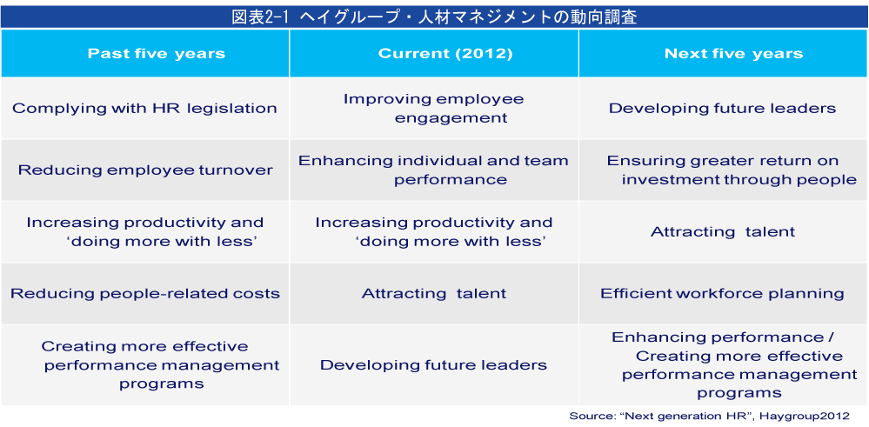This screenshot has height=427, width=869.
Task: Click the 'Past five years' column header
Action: coord(157,54)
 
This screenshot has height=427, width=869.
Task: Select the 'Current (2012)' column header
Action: coord(445,54)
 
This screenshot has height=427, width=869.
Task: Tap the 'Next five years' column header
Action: coord(734,54)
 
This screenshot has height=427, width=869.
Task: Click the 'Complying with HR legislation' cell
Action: coord(144,108)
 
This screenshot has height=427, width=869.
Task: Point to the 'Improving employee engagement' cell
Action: coord(433,108)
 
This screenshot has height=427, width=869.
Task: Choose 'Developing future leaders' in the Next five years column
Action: coord(723,108)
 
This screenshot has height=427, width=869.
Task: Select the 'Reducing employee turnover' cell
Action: coord(145,170)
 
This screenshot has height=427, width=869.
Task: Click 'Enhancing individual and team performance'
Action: coord(433,170)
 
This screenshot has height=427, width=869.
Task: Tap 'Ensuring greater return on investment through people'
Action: coord(732,170)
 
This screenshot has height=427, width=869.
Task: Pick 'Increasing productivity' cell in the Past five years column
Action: coord(145,231)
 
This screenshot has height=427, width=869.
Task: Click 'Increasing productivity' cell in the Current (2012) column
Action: coord(434,231)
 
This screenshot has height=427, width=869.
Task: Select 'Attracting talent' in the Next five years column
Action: coord(723,231)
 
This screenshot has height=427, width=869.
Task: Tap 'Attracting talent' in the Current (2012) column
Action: coord(434,293)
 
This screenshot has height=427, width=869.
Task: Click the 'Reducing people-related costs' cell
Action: coord(145,293)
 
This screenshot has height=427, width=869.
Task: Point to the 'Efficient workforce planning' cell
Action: coord(723,293)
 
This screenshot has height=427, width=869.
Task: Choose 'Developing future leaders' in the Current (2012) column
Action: coord(433,365)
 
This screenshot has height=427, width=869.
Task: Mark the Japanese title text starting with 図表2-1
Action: coord(434,17)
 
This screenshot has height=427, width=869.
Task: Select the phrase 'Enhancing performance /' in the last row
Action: coord(723,337)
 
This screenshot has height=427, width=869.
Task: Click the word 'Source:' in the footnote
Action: coord(589,416)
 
